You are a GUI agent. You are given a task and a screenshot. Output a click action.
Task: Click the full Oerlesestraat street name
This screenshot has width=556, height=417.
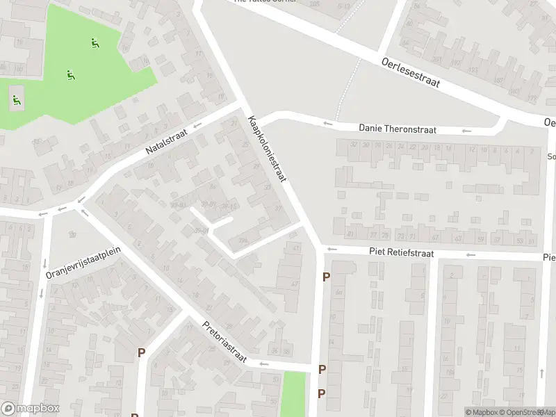(411, 72)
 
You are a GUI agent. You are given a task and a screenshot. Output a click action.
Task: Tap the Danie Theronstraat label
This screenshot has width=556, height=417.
(397, 129)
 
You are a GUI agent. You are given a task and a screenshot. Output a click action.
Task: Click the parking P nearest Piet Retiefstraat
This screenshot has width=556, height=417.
(326, 277)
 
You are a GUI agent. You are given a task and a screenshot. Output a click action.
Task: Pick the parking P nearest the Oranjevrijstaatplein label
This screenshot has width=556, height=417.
(141, 352)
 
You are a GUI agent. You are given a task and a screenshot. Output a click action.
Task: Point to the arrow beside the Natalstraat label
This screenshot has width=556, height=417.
(197, 126)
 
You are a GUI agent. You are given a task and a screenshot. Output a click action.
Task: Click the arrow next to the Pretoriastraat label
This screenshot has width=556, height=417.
(263, 363)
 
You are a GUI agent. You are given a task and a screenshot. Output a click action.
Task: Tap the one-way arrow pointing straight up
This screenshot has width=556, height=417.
(541, 374)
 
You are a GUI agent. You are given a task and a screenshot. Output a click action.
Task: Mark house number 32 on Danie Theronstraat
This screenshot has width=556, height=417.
(354, 145)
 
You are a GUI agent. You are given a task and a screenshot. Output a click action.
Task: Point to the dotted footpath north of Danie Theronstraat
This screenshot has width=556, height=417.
(348, 87)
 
